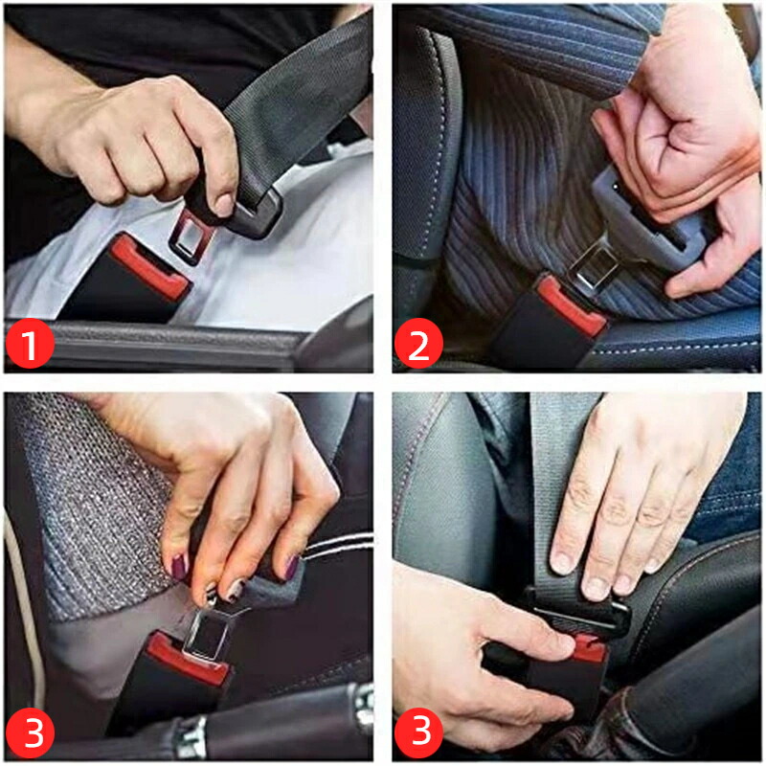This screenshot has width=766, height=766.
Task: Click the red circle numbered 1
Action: tap(30, 344)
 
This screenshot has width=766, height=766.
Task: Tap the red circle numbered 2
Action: tap(418, 344)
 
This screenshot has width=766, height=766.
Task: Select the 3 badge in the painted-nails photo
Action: tap(30, 732)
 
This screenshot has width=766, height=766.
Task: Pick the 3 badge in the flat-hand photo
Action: tap(418, 732)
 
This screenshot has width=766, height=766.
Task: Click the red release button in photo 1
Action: tap(149, 267)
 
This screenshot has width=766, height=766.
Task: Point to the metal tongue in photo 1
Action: tap(192, 237)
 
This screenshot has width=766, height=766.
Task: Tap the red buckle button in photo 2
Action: tap(572, 305)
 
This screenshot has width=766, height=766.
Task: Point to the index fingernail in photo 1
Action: tap(225, 205)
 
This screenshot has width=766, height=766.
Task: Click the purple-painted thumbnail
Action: tap(180, 566)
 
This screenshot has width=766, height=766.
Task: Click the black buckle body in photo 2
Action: tap(542, 332)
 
